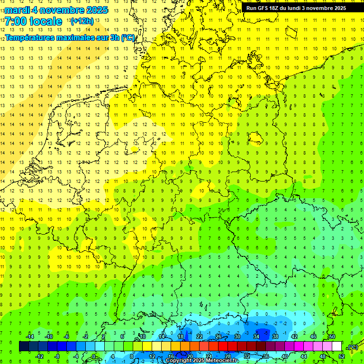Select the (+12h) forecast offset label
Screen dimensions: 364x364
82,21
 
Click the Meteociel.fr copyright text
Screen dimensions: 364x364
202,361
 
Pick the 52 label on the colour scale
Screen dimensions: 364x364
342,356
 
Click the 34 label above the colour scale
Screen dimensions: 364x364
256,337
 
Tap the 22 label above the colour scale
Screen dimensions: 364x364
200,337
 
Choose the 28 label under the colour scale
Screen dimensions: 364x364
228,356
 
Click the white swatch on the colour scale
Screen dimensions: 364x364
337,346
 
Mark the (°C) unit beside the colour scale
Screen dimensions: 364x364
353,347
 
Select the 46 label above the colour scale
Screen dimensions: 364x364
313,337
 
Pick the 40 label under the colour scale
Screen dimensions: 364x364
285,356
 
